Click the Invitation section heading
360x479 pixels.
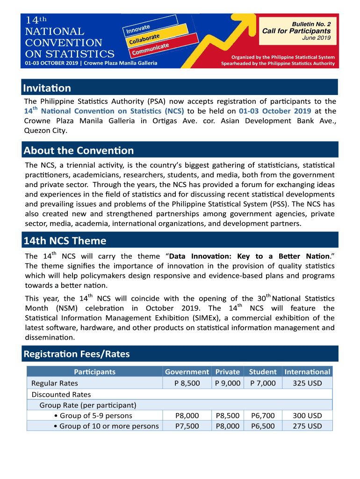click(47, 88)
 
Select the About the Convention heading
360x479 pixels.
click(79, 150)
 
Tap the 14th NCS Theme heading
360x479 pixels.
click(65, 241)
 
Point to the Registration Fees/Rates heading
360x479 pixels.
click(77, 354)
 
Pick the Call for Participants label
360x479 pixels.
click(296, 31)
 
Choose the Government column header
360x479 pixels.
click(187, 372)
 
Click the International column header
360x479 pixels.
click(307, 372)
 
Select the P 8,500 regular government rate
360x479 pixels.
click(187, 383)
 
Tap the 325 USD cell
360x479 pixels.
click(307, 383)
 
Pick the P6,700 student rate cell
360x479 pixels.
click(263, 415)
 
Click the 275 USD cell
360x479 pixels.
click(307, 426)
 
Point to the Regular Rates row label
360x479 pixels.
click(55, 383)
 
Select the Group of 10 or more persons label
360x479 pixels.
click(108, 426)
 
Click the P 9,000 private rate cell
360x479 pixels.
click(228, 383)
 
